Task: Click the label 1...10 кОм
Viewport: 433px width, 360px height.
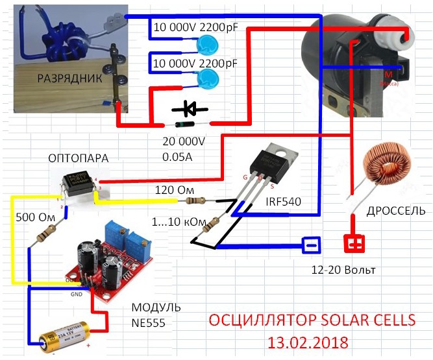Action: point(171,222)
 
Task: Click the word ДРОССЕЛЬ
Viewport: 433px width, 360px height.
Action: point(396,211)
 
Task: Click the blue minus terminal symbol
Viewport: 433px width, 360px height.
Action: point(310,245)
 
